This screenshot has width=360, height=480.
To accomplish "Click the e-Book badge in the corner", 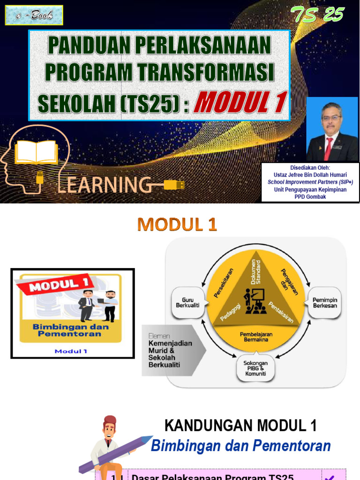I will (x=34, y=15).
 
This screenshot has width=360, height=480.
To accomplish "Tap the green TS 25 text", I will (x=317, y=15).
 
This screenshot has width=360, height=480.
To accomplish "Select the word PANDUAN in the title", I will (x=88, y=45).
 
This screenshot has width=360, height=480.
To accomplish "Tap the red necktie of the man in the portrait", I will (x=329, y=148).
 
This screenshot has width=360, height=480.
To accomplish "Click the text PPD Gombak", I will (x=310, y=197).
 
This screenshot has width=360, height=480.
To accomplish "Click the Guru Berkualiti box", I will (x=187, y=302).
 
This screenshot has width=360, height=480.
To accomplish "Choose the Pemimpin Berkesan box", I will (x=325, y=302).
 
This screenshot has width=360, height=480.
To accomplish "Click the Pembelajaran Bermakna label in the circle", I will (x=256, y=337).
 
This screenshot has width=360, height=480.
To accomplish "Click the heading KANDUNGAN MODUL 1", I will (x=240, y=426).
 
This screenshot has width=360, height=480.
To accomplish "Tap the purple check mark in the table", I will (x=330, y=477).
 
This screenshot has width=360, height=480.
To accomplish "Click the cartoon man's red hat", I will (x=110, y=420).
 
